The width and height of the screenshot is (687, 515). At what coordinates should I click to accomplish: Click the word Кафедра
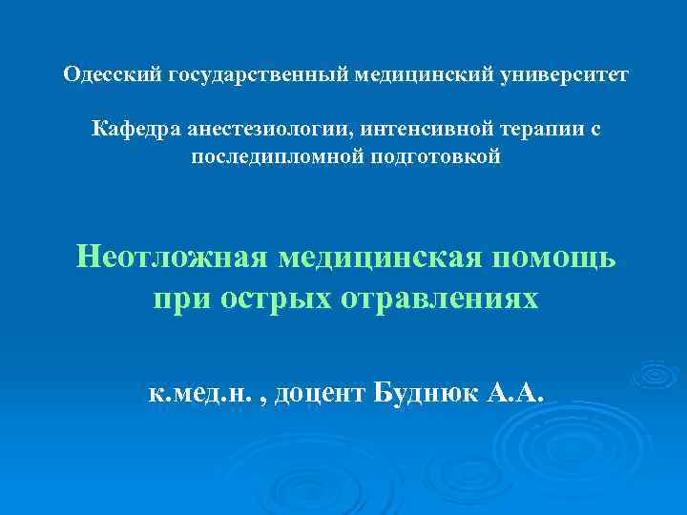tap(131, 129)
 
